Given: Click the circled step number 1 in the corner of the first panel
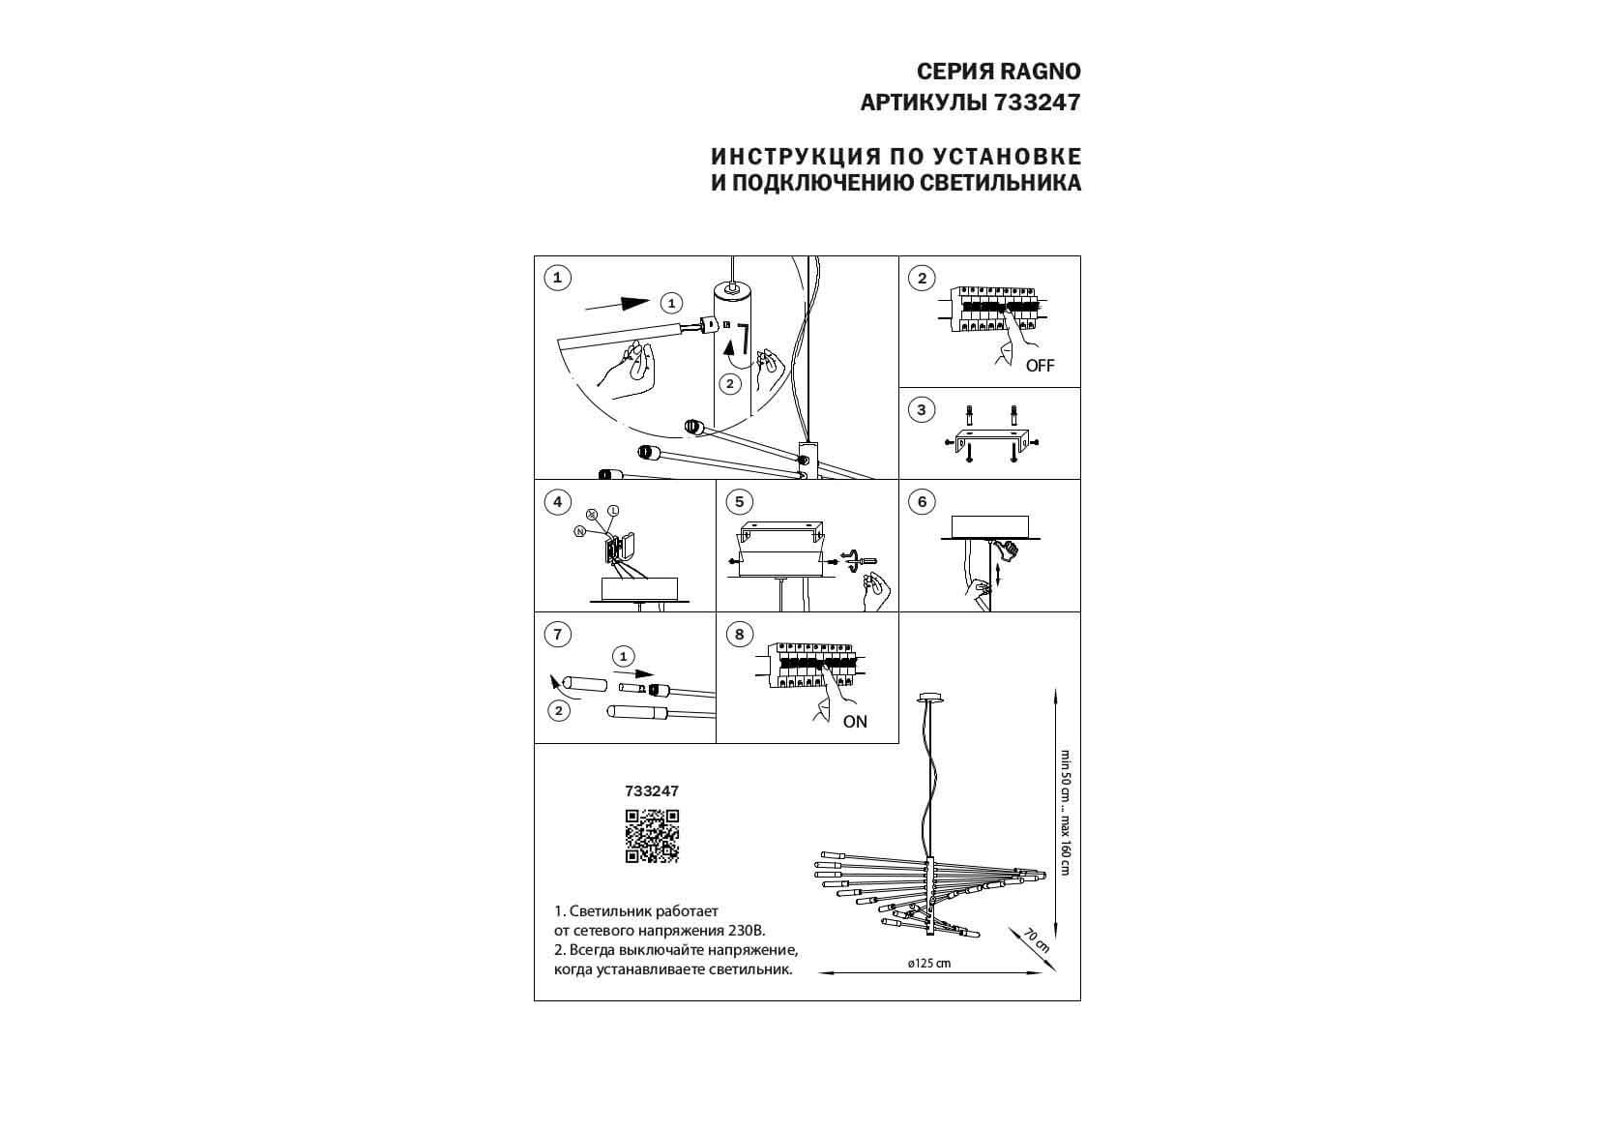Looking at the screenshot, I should coord(557,279).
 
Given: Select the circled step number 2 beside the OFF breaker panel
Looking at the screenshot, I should coord(922,279).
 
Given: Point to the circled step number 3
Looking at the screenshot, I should coord(922,410).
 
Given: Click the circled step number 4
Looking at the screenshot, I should coord(557,502).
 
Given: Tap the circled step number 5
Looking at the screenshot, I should coord(739,502).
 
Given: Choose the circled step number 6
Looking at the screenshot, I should coord(922,502).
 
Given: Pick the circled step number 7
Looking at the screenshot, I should coord(557,635).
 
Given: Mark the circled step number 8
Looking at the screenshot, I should coord(739,635).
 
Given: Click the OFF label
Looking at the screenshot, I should coord(1040,366).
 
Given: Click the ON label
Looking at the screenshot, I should coord(855,722).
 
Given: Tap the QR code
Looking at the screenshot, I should coord(652,836).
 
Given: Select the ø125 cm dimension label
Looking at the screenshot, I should coord(929,964).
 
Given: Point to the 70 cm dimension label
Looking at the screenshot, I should coord(1037,939).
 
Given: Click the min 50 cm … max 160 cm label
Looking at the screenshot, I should coord(1065,813).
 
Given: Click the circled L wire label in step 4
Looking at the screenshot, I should coord(613,511).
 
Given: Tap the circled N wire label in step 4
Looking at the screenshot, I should coord(580,531).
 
